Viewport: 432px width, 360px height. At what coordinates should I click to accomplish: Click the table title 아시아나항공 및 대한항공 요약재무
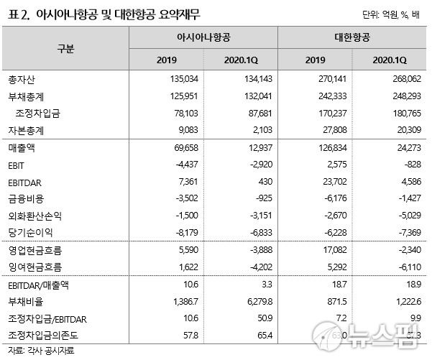116,13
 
